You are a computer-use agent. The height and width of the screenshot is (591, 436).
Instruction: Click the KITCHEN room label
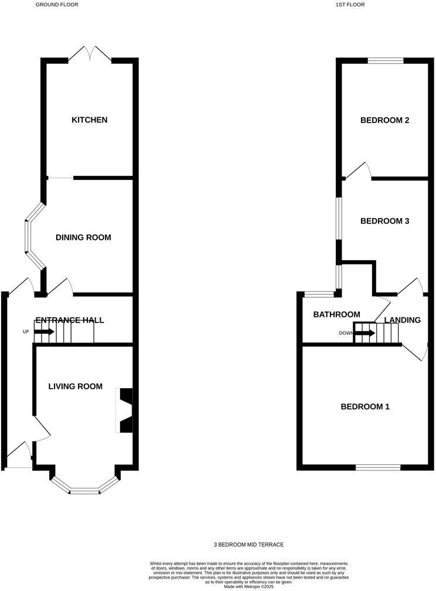(x=89, y=120)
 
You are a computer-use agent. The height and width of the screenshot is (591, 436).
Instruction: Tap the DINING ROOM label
(x=83, y=237)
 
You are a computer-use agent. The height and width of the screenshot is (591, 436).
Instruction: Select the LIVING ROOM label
(x=75, y=386)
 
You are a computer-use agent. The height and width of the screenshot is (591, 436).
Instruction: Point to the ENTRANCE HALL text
(x=70, y=320)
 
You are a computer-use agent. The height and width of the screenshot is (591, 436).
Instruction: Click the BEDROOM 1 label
(x=366, y=407)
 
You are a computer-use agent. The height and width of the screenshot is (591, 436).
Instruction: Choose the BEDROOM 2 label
(x=384, y=120)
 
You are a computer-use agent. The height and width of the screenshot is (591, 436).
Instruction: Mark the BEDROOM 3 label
(x=384, y=221)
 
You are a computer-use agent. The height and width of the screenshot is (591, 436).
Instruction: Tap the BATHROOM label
(x=336, y=315)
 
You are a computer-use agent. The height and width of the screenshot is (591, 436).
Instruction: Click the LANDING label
(x=403, y=320)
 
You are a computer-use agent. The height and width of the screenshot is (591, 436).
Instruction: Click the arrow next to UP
(x=44, y=332)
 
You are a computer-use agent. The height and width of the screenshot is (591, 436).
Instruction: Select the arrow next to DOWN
(x=365, y=333)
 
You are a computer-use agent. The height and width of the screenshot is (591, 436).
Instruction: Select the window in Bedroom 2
(x=385, y=60)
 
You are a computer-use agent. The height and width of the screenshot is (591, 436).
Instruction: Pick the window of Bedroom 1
(x=378, y=467)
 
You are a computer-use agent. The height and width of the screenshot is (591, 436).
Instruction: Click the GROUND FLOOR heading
(x=57, y=5)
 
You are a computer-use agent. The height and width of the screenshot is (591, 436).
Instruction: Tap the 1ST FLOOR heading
(x=350, y=5)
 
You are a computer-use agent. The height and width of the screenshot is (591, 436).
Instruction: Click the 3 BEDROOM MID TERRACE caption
(x=248, y=545)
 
